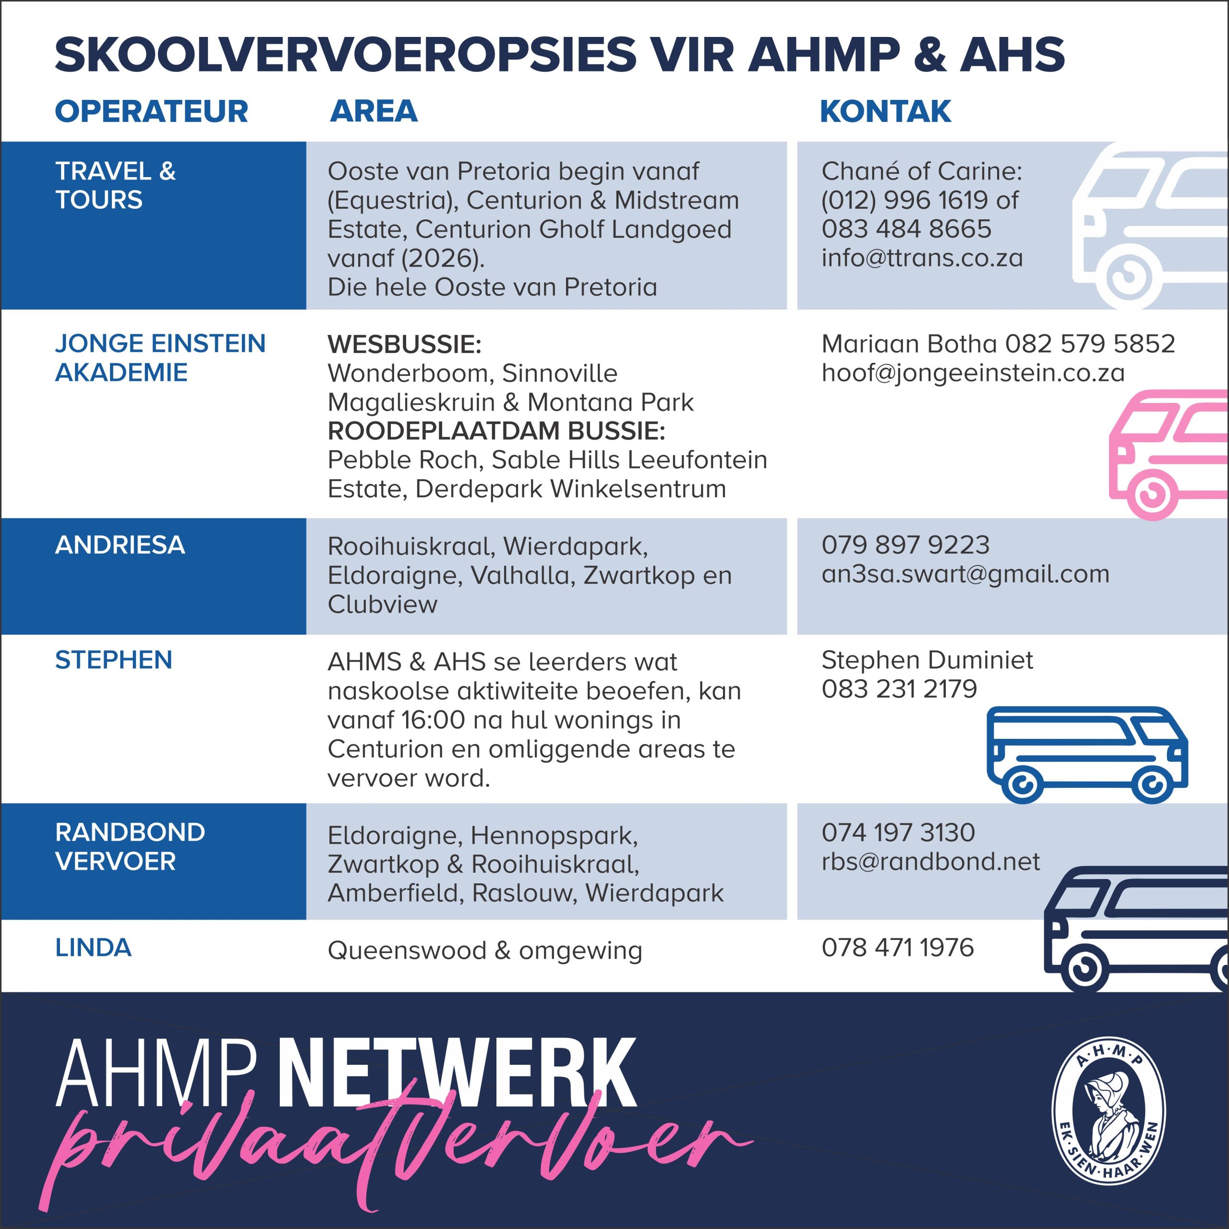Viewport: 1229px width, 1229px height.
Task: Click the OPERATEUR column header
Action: [x=151, y=111]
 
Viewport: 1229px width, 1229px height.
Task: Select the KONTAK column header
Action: [x=885, y=111]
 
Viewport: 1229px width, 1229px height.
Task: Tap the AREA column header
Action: [x=374, y=111]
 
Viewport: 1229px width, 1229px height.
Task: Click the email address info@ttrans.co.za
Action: [x=922, y=258]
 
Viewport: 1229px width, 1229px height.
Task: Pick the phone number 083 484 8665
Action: [x=906, y=229]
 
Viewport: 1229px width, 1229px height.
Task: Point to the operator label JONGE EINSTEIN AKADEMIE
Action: [x=160, y=358]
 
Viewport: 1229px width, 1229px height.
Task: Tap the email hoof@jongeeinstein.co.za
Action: [x=973, y=373]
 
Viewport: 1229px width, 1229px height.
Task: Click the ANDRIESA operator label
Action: [x=120, y=545]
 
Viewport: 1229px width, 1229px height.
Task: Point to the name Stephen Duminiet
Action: [x=927, y=660]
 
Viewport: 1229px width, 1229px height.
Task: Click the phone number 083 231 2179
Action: [x=899, y=689]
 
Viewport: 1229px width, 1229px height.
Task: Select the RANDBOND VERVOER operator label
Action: [x=130, y=847]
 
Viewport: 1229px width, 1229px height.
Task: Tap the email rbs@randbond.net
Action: [x=930, y=861]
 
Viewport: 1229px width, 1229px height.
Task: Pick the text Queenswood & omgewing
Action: [x=485, y=951]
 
